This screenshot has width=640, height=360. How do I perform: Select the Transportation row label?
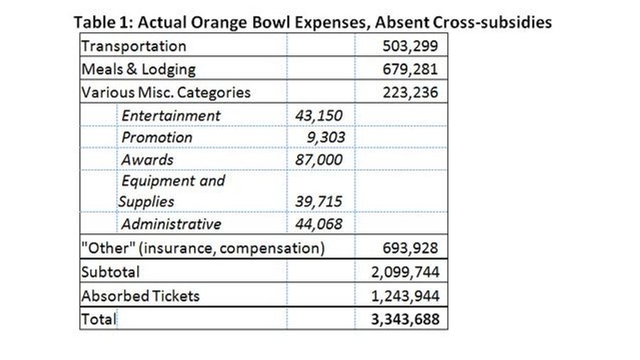click(134, 46)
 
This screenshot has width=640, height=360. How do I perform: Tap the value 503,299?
click(410, 46)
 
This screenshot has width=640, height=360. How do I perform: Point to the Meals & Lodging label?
click(139, 70)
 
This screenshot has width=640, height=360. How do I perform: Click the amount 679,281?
click(410, 69)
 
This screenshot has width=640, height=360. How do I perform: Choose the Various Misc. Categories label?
click(166, 92)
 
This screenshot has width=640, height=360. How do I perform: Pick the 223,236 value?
click(410, 92)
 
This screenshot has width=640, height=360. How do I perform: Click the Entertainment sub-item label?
click(171, 115)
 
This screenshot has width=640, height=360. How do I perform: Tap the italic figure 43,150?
click(319, 115)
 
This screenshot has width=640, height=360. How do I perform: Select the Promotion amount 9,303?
click(326, 137)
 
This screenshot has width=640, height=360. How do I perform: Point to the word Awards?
click(147, 159)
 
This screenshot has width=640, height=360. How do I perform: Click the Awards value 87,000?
click(319, 159)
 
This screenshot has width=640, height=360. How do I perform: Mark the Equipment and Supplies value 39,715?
click(319, 201)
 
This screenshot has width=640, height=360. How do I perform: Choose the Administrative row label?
click(171, 223)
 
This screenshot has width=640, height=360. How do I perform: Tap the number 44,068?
click(319, 223)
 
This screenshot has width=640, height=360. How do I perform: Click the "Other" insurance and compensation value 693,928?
click(410, 248)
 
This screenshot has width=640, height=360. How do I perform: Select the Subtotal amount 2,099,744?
click(405, 272)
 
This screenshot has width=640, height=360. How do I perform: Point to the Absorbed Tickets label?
click(140, 296)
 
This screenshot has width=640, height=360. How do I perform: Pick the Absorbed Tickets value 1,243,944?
click(405, 295)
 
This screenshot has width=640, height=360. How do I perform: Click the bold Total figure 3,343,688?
click(405, 319)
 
